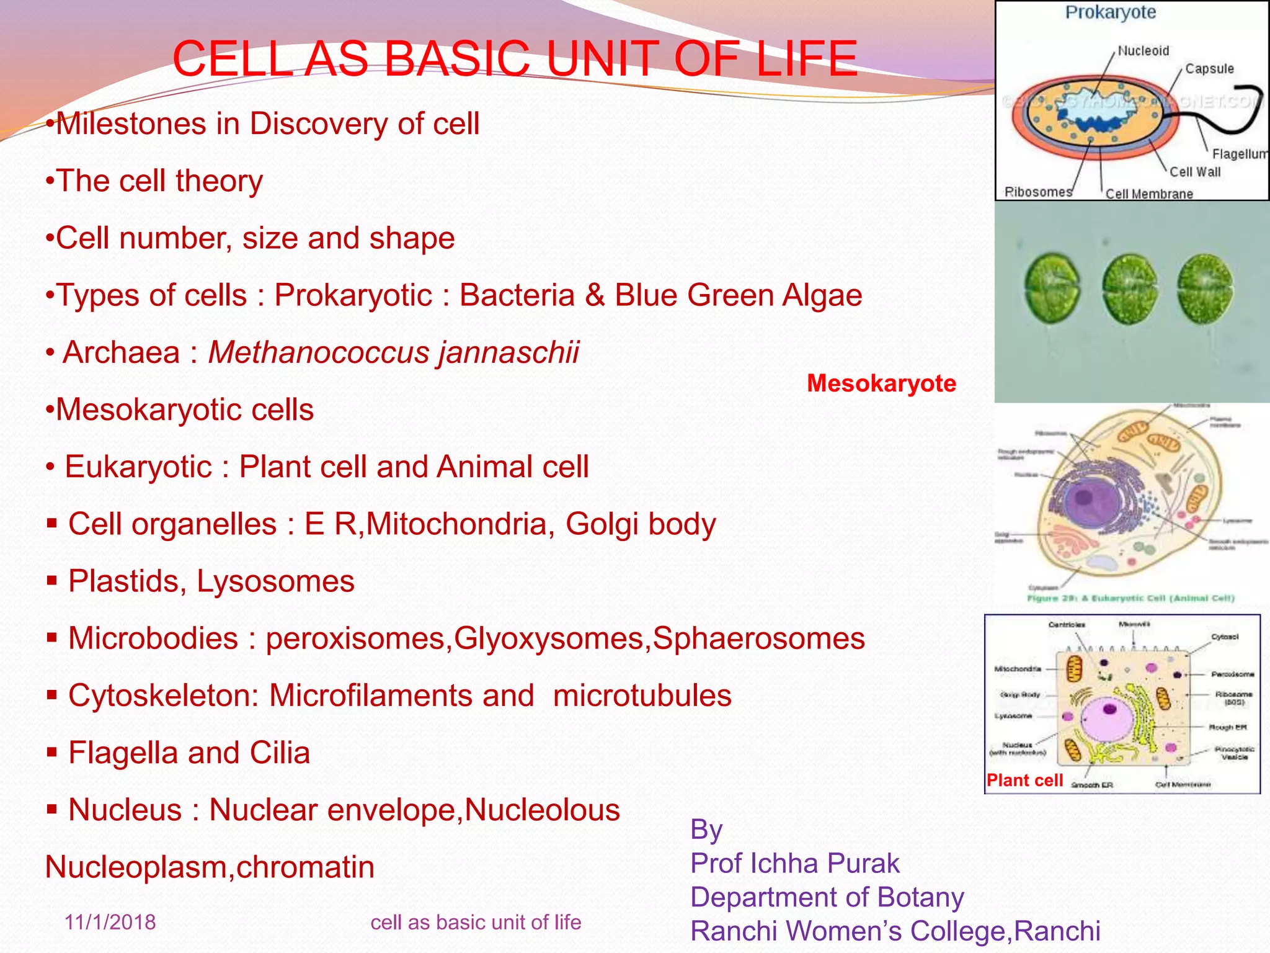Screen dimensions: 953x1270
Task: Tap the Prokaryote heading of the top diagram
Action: click(1110, 12)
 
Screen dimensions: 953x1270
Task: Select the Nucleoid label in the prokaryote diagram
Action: click(1143, 51)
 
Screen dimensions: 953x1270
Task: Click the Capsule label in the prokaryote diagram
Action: click(1209, 69)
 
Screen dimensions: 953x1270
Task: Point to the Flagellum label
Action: click(1239, 154)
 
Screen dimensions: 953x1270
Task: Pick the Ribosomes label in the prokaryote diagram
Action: click(1038, 192)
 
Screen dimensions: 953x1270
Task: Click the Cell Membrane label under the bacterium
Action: click(1149, 194)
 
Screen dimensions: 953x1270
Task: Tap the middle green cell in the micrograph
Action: click(1130, 289)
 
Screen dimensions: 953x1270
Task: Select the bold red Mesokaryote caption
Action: click(881, 383)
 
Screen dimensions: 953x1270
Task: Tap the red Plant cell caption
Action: click(1024, 781)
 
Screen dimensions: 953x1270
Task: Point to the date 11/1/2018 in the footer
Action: click(110, 922)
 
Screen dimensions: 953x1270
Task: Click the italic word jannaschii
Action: click(508, 352)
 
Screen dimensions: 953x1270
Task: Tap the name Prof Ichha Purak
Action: click(794, 863)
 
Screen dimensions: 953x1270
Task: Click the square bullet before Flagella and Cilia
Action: click(52, 753)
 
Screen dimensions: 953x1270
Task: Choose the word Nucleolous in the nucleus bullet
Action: click(542, 810)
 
